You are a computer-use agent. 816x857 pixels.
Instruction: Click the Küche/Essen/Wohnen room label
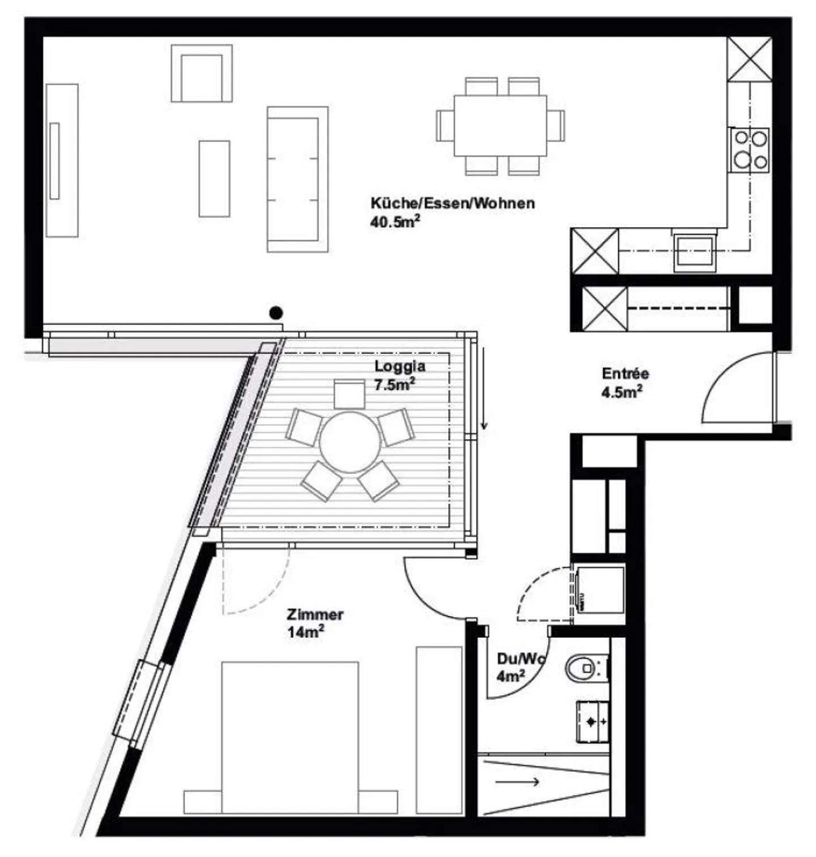click(x=452, y=203)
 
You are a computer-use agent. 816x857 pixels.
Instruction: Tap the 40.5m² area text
click(x=394, y=222)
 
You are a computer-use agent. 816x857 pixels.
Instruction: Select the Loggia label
click(x=399, y=366)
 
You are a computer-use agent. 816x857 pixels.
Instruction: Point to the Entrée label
click(x=625, y=374)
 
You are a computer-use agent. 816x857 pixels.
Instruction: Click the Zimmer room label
click(x=314, y=614)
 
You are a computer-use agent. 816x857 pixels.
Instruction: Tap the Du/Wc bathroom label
click(x=520, y=659)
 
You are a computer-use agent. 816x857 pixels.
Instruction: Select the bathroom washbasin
click(x=592, y=721)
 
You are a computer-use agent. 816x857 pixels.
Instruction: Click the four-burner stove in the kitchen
click(x=749, y=149)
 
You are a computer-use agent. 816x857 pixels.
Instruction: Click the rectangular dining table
click(x=500, y=126)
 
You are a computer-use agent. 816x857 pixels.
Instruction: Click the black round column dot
click(x=276, y=312)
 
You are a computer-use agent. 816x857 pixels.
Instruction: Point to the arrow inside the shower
click(x=517, y=782)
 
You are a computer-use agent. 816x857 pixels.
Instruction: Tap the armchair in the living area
click(x=201, y=74)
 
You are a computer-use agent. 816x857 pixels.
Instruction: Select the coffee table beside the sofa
click(x=214, y=178)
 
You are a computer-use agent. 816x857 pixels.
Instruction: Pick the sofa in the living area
click(x=297, y=179)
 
